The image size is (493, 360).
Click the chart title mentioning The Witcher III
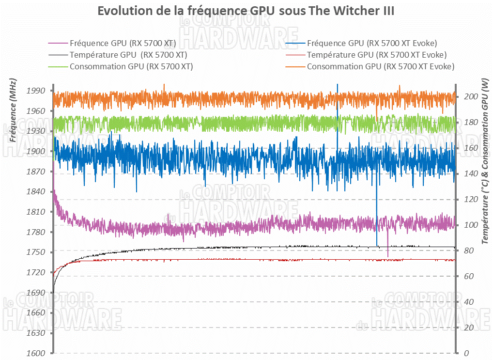(246, 11)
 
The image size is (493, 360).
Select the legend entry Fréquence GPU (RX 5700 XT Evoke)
(372, 43)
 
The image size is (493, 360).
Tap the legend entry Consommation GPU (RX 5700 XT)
(131, 66)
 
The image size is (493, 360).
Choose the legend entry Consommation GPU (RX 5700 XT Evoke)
(380, 66)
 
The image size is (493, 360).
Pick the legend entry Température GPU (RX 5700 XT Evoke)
(377, 55)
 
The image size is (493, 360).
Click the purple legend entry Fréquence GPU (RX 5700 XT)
(122, 43)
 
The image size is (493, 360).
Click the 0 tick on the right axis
(465, 354)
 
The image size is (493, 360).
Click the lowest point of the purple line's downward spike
(388, 256)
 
